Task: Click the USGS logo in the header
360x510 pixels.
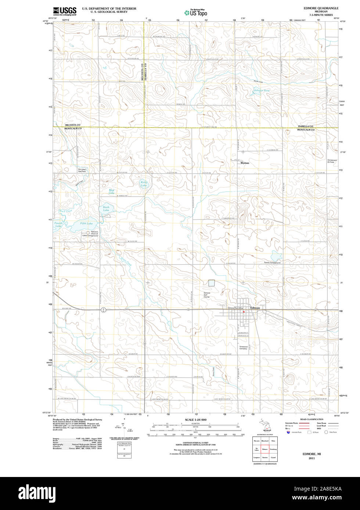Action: point(65,11)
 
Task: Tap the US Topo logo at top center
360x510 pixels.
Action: point(195,12)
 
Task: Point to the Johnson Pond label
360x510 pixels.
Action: point(261,90)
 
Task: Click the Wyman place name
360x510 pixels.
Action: point(245,163)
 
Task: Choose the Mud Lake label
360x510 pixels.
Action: point(112,191)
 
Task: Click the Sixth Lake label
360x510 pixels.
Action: point(106,208)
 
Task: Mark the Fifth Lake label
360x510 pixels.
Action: point(87,223)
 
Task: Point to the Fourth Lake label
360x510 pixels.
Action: point(58,225)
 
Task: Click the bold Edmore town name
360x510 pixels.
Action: point(255,307)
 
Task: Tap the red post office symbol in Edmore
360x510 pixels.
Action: point(244,312)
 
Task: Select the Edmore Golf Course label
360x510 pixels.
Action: point(207,295)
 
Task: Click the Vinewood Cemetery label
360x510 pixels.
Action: point(244,347)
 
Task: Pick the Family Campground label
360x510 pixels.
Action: point(272,263)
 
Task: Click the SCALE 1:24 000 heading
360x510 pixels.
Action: point(195,419)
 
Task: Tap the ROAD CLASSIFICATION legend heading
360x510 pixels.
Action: point(312,419)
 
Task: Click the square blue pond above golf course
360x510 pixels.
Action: point(211,283)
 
